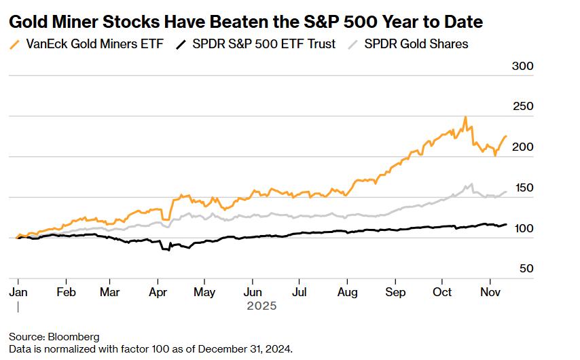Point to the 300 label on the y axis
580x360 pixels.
click(x=522, y=66)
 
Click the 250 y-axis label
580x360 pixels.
click(x=522, y=107)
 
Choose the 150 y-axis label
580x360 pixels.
click(x=522, y=187)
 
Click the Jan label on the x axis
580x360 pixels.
click(x=18, y=292)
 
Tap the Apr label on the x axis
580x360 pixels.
click(x=158, y=292)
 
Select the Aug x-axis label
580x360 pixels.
click(x=347, y=292)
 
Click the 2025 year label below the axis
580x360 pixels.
click(x=261, y=306)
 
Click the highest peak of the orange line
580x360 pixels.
click(x=465, y=118)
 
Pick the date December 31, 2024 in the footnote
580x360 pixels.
click(x=251, y=349)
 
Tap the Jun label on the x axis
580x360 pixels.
click(x=253, y=292)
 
